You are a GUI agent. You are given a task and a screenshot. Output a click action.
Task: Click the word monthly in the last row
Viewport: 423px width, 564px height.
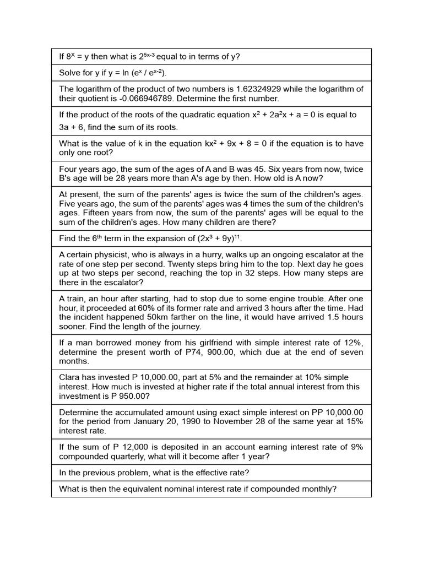[x=318, y=489]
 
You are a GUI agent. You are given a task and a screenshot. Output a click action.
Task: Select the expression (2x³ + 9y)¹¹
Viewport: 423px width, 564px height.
[x=213, y=238]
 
